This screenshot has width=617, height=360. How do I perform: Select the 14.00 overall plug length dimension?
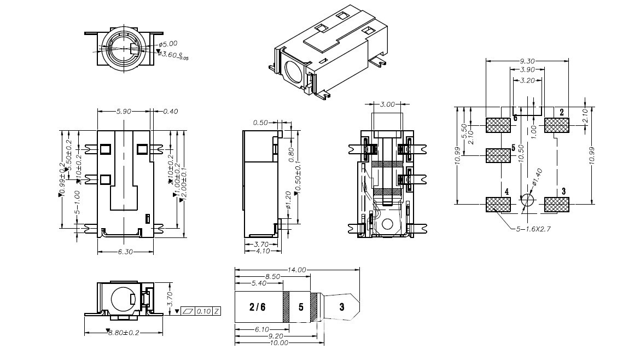coord(297,270)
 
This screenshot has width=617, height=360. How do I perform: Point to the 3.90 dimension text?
coord(527,71)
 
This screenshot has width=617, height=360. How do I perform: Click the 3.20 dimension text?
coord(527,80)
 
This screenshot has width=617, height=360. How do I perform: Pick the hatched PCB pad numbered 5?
coord(498,155)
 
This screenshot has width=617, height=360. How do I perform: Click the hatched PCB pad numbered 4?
coord(498,205)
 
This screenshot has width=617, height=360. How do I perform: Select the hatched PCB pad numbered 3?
coord(557,205)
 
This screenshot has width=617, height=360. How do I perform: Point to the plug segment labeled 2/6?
coord(258,307)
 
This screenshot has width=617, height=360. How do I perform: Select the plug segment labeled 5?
coord(300,307)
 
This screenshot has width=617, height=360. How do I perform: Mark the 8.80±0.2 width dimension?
coord(124,333)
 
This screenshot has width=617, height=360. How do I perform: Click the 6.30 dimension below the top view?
coord(124,252)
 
